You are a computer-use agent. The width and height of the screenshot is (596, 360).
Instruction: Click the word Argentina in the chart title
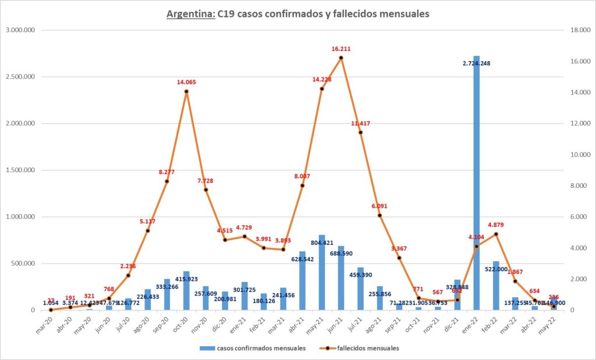click(190, 14)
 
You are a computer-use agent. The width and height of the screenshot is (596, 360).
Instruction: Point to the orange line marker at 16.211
click(340, 58)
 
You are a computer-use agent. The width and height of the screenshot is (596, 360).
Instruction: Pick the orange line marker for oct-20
click(186, 91)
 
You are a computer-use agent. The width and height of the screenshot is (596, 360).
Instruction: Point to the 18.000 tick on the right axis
click(579, 30)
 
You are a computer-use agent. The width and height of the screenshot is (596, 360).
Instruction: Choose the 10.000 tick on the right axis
click(579, 155)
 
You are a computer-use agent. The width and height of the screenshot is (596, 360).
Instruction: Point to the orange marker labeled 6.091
click(379, 215)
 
